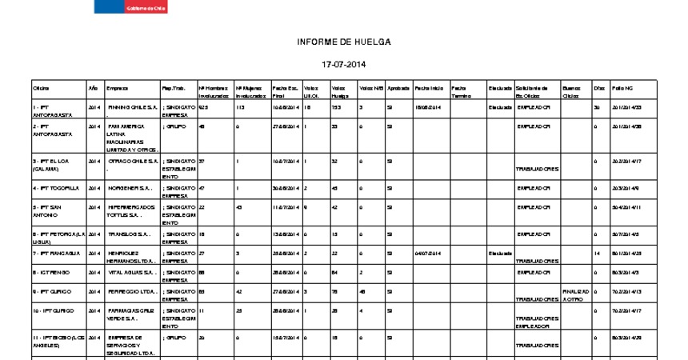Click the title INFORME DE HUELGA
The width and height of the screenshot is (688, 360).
pyautogui.click(x=344, y=42)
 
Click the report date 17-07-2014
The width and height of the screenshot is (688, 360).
pyautogui.click(x=344, y=64)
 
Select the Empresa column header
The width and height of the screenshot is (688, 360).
pyautogui.click(x=117, y=87)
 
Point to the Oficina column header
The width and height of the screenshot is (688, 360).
pyautogui.click(x=41, y=87)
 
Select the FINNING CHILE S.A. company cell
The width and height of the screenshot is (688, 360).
pyautogui.click(x=132, y=106)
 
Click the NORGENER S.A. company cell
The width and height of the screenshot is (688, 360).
pyautogui.click(x=131, y=188)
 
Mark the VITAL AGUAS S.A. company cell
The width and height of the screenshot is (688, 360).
pyautogui.click(x=131, y=273)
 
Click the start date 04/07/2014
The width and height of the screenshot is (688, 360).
pyautogui.click(x=428, y=253)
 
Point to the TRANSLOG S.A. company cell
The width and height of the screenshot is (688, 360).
pyautogui.click(x=130, y=234)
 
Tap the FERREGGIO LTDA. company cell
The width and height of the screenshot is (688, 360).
pyautogui.click(x=132, y=292)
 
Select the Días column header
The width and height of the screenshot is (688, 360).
pyautogui.click(x=599, y=87)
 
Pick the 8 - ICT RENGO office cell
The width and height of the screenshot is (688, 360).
pyautogui.click(x=50, y=273)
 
